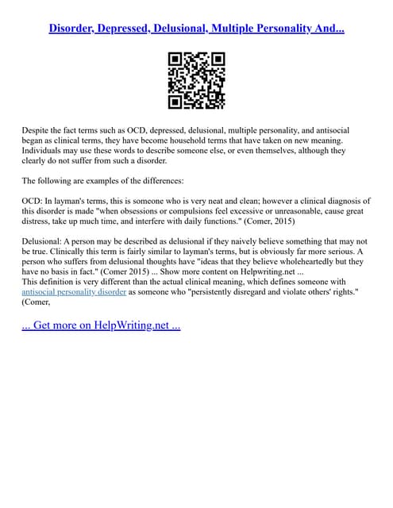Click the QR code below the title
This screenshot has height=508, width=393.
196,80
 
